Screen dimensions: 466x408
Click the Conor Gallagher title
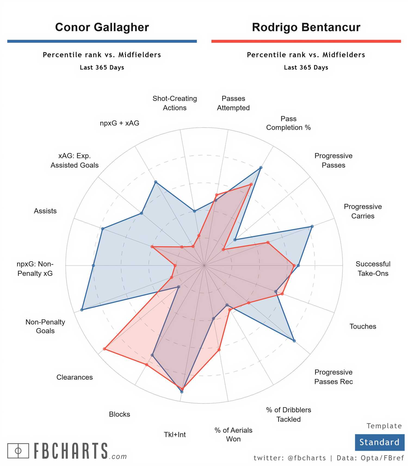click(102, 27)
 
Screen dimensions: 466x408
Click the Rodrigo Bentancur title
click(306, 27)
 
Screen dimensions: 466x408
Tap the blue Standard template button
click(379, 442)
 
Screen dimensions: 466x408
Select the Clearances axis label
click(75, 377)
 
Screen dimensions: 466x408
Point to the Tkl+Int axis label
click(175, 434)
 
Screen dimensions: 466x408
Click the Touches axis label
click(363, 326)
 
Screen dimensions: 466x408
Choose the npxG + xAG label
click(119, 123)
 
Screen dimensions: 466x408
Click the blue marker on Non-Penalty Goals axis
click(82, 310)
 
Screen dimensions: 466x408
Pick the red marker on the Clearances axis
click(104, 349)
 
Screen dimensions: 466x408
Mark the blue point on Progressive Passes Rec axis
click(294, 341)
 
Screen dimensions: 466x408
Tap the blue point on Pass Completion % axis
click(261, 167)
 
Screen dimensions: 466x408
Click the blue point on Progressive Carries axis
click(312, 226)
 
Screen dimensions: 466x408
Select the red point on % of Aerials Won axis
click(219, 350)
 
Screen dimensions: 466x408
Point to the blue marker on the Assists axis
click(103, 229)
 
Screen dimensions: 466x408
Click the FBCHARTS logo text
click(71, 451)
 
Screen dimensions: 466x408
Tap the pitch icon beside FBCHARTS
click(18, 451)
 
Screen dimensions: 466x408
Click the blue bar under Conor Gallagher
click(102, 41)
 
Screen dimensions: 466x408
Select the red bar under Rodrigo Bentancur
click(306, 41)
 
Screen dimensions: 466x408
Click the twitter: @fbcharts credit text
click(290, 458)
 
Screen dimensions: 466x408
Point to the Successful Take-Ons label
click(373, 269)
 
